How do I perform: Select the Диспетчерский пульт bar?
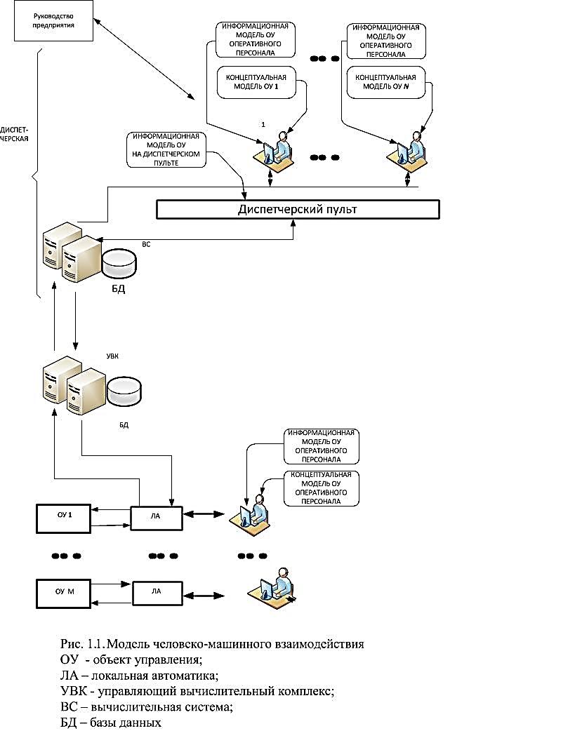point(297,209)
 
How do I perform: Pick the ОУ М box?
point(65,591)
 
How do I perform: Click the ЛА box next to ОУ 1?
point(156,516)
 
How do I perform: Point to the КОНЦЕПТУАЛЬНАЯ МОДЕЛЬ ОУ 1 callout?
point(256,81)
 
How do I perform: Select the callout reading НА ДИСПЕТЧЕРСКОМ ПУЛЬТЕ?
point(166,149)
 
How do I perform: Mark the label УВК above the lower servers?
point(112,357)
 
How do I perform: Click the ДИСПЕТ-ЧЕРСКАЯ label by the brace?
point(15,134)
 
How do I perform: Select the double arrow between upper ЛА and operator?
point(208,516)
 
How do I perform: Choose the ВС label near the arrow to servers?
point(146,245)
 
